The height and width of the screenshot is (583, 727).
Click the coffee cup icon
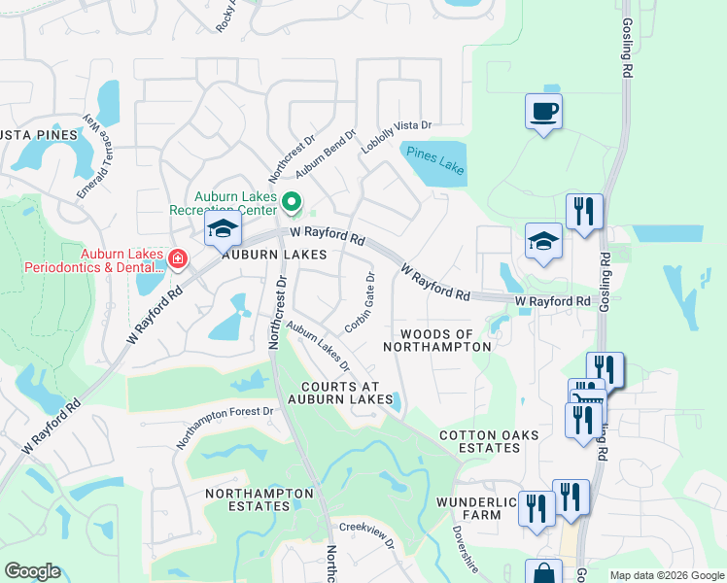pos(543,111)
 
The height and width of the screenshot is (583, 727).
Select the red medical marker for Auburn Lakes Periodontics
pos(177,257)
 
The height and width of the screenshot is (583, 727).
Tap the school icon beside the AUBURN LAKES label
pos(223,230)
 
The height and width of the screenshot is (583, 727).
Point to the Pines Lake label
pos(434,160)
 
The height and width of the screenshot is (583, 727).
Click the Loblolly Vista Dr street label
pos(396,139)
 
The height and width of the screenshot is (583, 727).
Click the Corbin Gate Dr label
pos(359,300)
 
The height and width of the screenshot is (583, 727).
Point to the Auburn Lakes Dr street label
pos(318,347)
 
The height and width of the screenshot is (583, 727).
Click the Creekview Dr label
pos(366,535)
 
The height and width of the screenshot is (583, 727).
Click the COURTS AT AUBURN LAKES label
pos(339,393)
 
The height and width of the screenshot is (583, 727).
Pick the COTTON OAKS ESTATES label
pos(479,441)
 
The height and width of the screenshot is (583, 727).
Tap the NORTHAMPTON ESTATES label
pos(260,499)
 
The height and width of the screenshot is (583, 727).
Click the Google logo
pos(33,571)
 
